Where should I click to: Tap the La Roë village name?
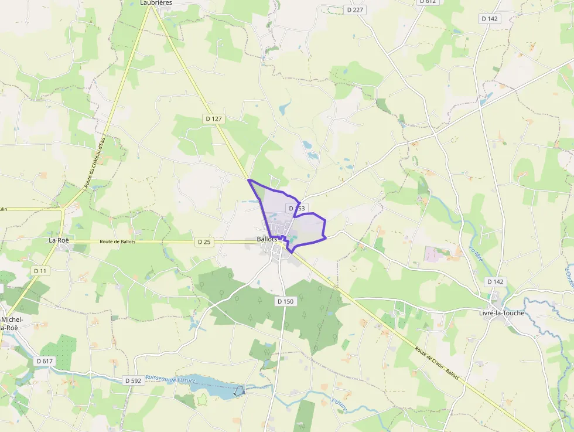click(60, 240)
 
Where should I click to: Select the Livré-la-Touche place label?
click(497, 313)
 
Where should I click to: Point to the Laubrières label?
click(156, 3)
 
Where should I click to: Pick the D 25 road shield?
click(204, 241)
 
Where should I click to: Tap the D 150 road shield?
click(285, 301)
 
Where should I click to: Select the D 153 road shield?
click(296, 208)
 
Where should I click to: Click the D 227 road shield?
click(354, 10)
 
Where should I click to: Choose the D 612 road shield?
click(428, 2)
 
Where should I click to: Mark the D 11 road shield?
click(40, 271)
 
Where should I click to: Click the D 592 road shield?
click(133, 380)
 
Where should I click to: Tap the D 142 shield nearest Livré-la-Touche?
click(494, 281)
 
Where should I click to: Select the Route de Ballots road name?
click(118, 241)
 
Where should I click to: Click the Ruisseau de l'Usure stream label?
click(170, 379)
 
